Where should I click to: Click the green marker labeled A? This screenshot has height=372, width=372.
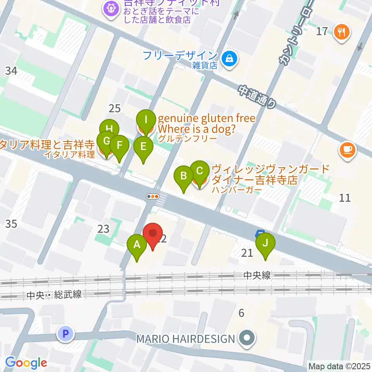click(137, 245)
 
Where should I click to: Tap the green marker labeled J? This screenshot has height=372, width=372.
click(265, 243)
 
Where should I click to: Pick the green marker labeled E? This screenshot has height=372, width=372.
click(143, 146)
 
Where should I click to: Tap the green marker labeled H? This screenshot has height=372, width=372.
click(109, 129)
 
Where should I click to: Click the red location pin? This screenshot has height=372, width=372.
click(153, 234)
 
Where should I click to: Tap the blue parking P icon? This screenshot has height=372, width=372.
click(65, 333)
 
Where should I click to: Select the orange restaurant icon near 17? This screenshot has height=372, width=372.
click(341, 32)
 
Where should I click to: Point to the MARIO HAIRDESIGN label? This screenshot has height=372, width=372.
click(186, 339)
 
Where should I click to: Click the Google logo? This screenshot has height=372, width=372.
click(26, 363)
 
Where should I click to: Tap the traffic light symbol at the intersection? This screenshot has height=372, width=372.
click(153, 196)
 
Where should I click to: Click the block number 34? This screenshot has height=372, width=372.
click(11, 71)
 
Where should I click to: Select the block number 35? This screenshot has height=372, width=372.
click(11, 224)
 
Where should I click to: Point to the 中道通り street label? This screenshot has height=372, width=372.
click(257, 96)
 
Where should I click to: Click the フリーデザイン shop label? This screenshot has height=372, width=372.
click(179, 55)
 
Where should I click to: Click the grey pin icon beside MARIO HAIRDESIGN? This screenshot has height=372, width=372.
click(246, 338)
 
